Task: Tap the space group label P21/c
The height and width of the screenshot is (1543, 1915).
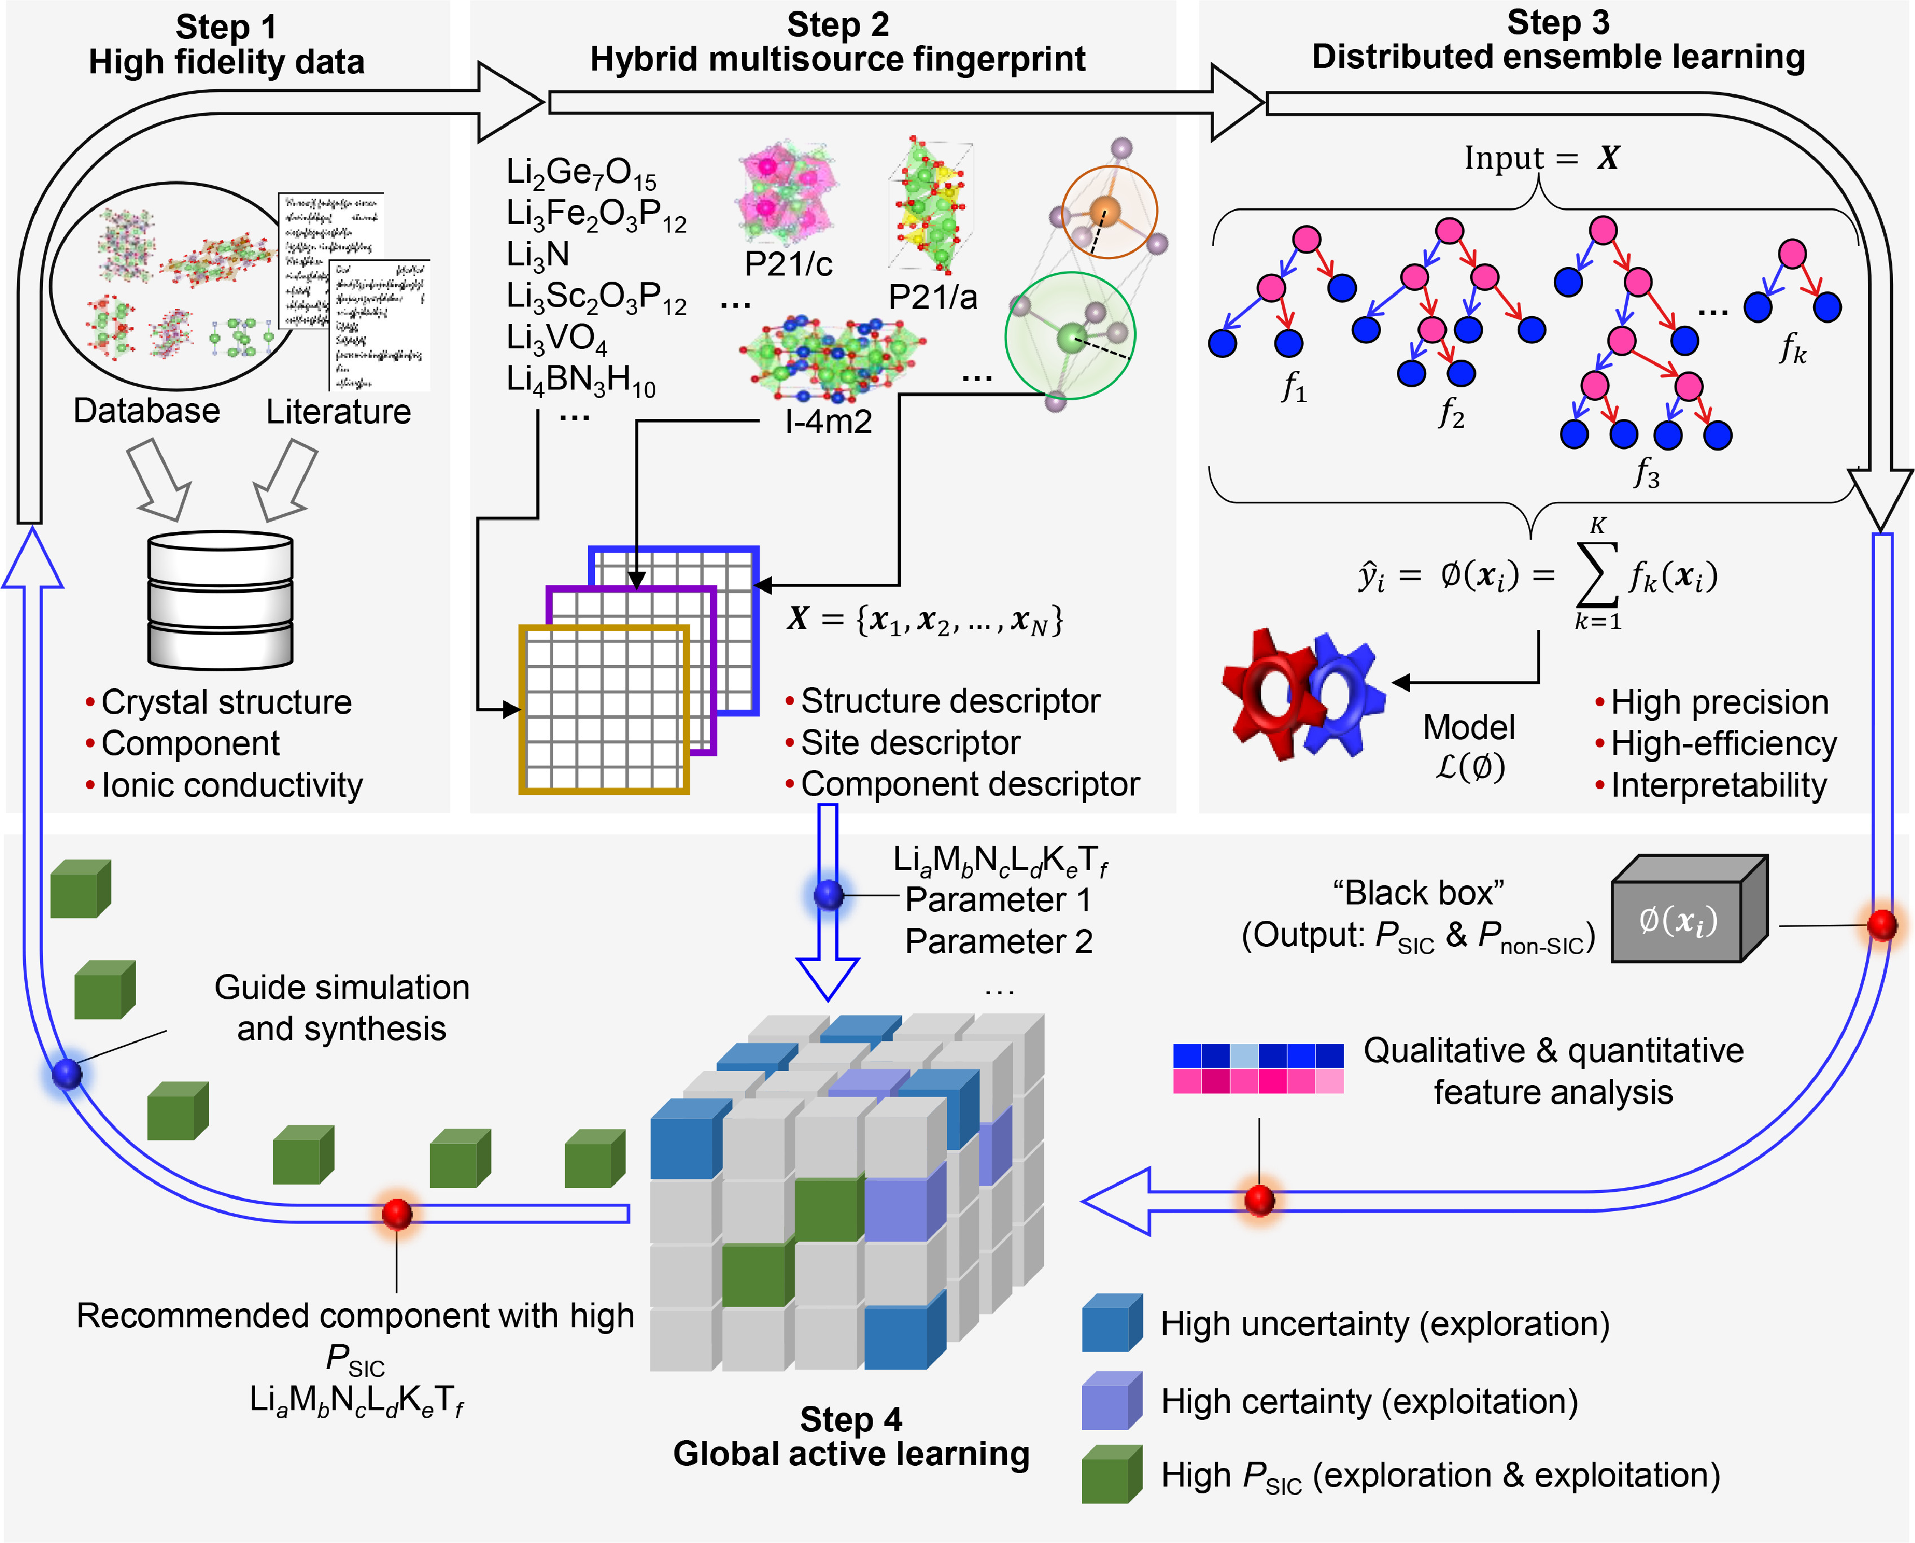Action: tap(788, 264)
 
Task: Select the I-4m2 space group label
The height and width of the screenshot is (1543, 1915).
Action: tap(828, 421)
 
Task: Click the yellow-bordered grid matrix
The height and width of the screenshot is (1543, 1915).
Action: tap(604, 709)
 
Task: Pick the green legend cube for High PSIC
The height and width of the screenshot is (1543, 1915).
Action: tap(1111, 1475)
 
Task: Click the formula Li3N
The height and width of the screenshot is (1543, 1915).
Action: tap(538, 255)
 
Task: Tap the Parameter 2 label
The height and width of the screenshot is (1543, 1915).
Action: tap(998, 941)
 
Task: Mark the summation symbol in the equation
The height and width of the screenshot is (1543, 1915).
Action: tap(1597, 576)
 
